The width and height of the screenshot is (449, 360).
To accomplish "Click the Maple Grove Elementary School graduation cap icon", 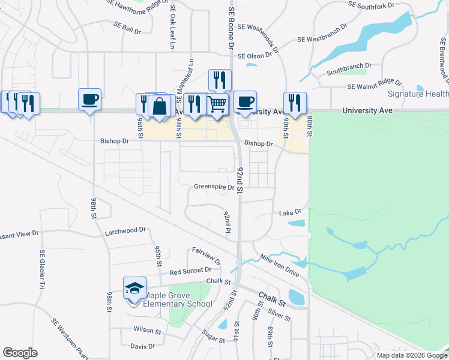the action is point(135,288).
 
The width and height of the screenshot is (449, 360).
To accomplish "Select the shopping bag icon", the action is point(160,106).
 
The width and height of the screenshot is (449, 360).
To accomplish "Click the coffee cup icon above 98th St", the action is point(89,99).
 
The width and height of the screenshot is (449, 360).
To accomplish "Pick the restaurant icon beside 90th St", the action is point(295,103).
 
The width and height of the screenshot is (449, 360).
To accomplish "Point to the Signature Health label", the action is point(418,94).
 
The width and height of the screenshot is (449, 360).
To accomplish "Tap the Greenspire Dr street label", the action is point(214,187).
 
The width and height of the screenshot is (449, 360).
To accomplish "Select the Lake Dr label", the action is point(289,212).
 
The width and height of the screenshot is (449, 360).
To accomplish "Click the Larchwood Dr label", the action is point(125,230).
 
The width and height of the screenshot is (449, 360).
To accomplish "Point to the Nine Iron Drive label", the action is point(279,265).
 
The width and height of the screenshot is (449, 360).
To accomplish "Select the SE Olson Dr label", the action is point(259,56).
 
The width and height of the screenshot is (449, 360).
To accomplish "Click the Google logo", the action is point(20,353).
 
